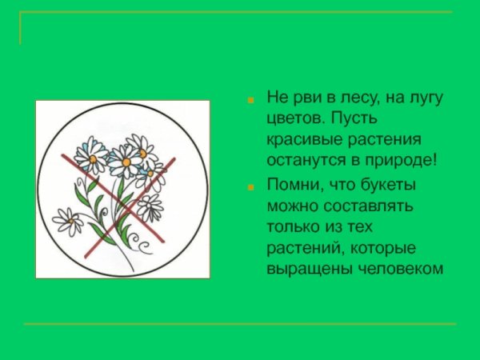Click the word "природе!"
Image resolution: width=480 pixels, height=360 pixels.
[399, 160]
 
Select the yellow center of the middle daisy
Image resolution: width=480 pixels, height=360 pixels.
[126, 162]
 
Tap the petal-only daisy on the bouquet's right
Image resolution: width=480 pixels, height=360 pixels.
[150, 207]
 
